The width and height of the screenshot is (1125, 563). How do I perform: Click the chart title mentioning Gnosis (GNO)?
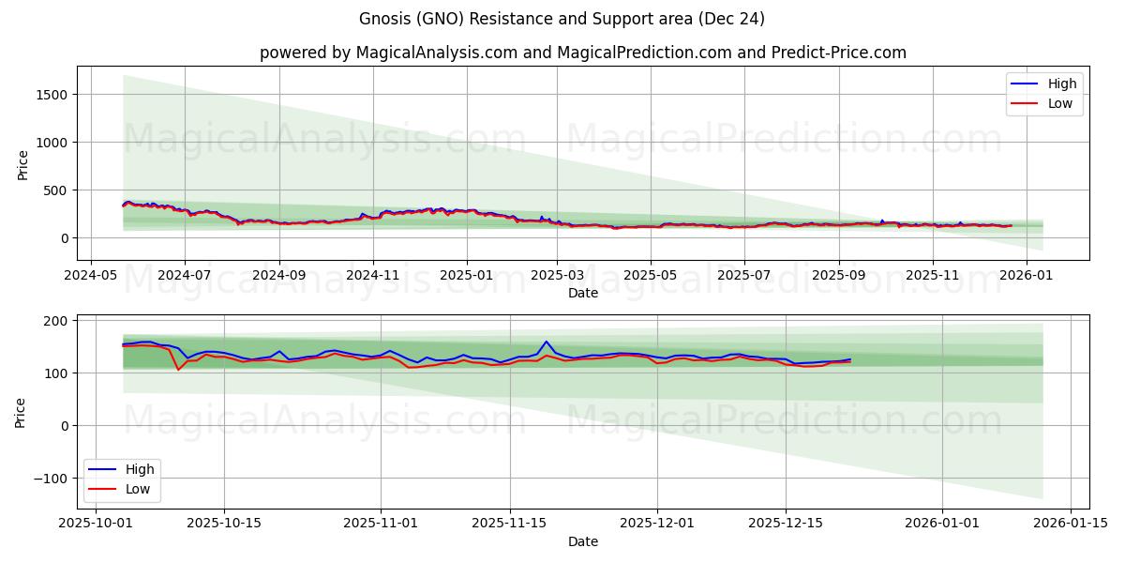[562, 19]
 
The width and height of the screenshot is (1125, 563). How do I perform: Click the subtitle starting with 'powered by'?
[582, 53]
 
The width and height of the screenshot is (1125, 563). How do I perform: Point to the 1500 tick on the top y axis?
[52, 95]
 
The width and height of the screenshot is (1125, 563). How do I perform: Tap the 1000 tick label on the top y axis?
[52, 143]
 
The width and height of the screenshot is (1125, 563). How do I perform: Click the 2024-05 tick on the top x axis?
[90, 276]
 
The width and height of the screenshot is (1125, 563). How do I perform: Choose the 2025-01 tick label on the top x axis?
[466, 276]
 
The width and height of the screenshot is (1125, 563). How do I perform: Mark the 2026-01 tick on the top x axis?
[1027, 276]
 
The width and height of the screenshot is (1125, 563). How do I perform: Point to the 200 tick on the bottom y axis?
[56, 321]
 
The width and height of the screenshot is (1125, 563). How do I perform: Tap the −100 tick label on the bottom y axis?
[52, 479]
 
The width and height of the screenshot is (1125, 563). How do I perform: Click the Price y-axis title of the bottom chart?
[22, 412]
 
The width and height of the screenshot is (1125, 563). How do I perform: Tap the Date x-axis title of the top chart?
[582, 293]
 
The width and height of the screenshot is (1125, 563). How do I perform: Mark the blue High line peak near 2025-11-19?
[547, 342]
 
